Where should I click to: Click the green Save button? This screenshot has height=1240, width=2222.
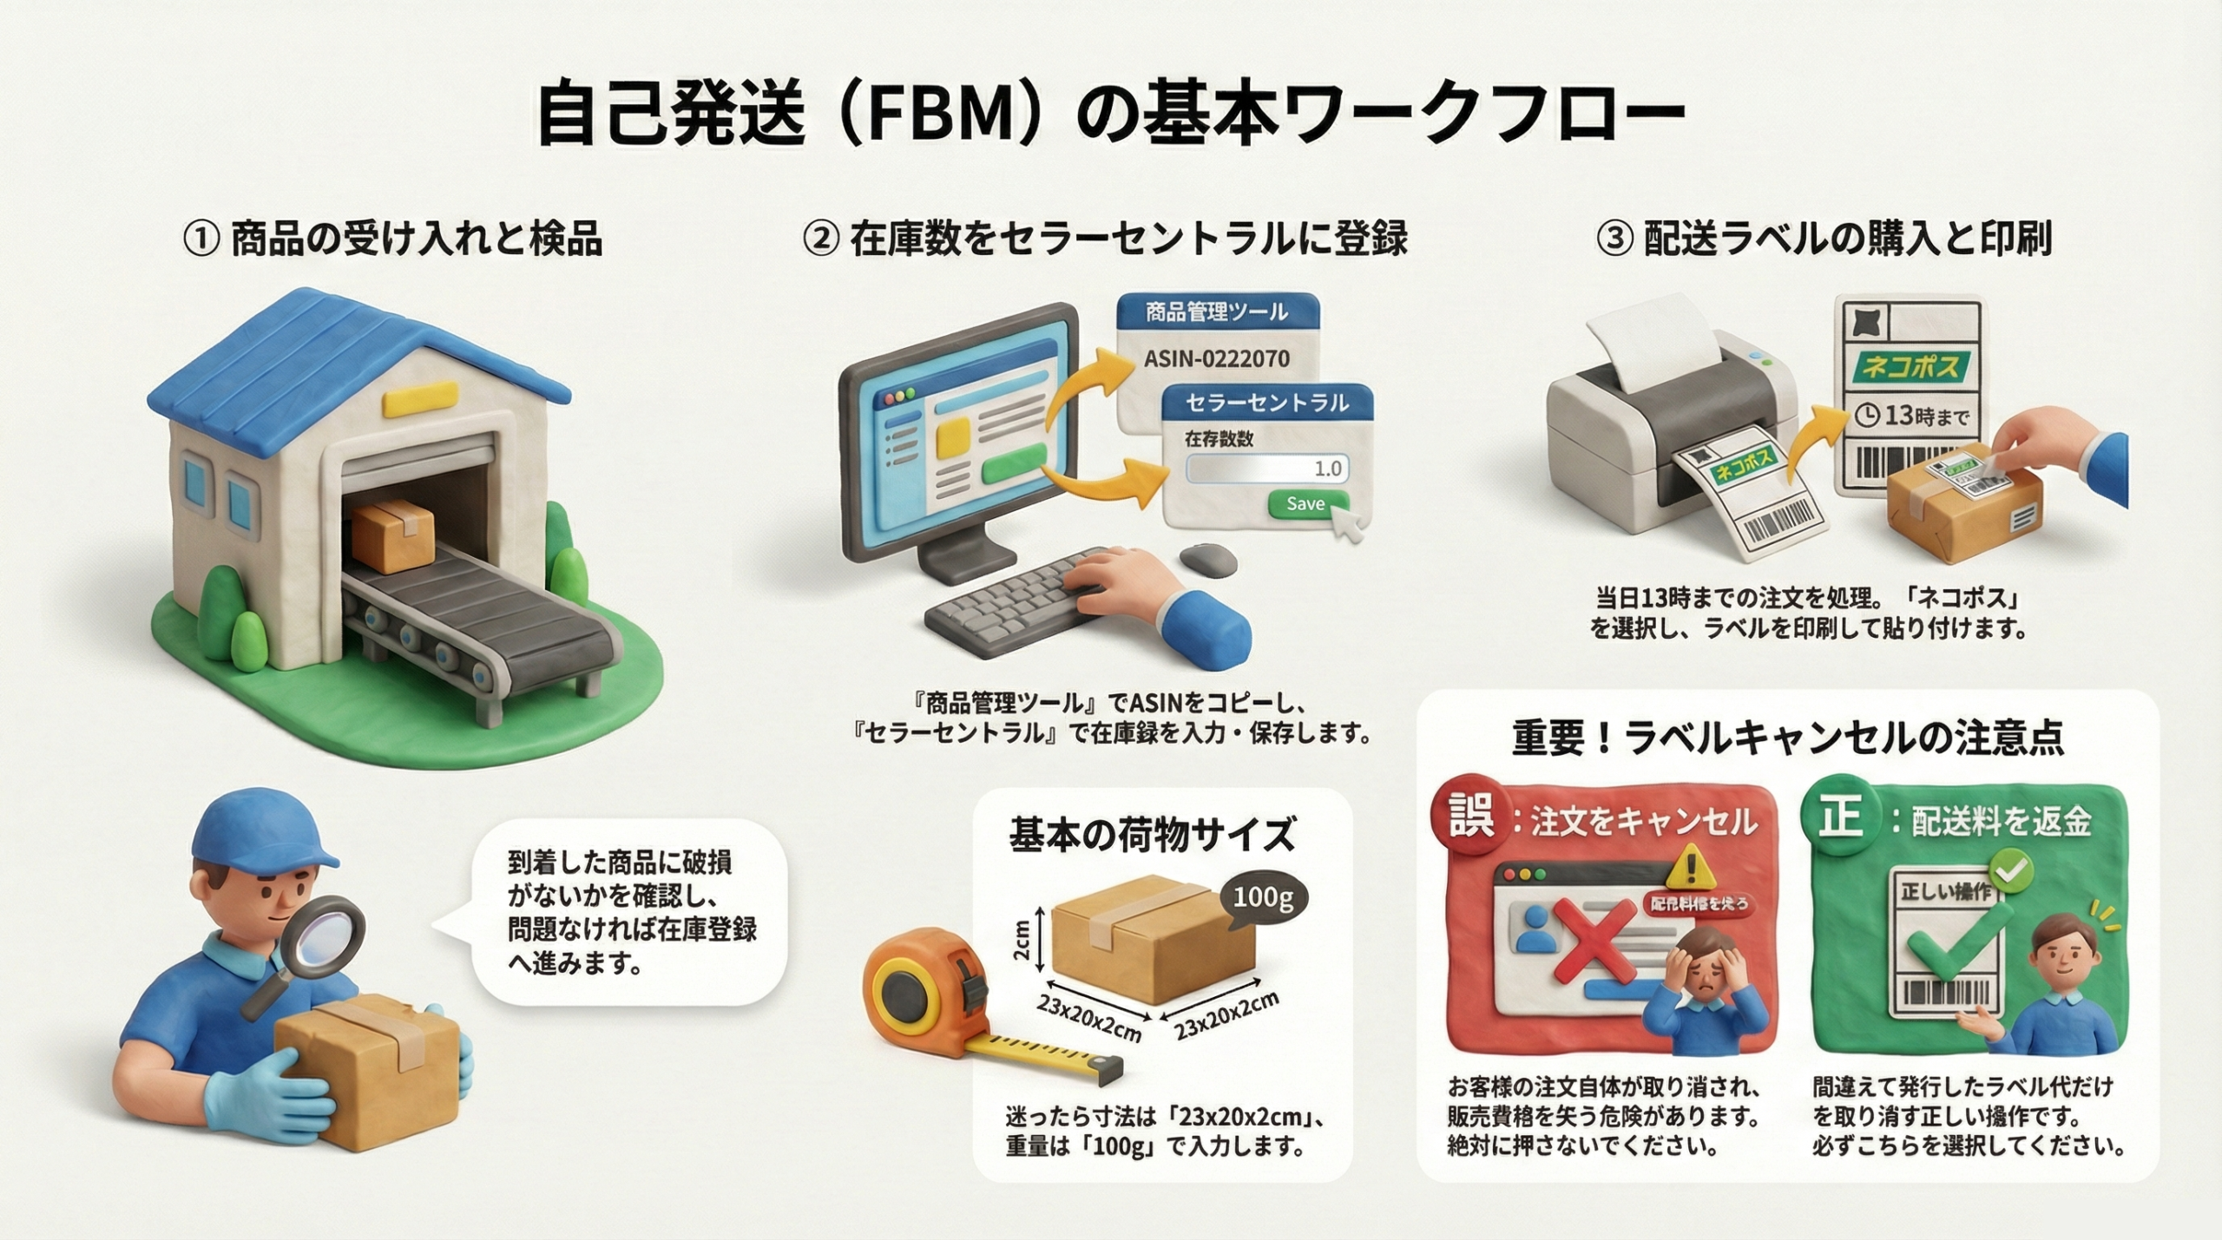pyautogui.click(x=1305, y=504)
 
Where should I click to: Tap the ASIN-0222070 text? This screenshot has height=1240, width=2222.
pyautogui.click(x=1216, y=358)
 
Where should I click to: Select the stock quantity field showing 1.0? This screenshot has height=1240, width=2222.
pyautogui.click(x=1267, y=469)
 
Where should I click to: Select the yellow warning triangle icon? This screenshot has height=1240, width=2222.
pyautogui.click(x=1689, y=868)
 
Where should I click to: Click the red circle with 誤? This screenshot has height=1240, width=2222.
pyautogui.click(x=1473, y=818)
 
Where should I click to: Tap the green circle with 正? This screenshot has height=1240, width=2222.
pyautogui.click(x=1841, y=818)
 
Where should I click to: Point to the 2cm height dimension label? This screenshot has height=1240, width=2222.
pyautogui.click(x=1021, y=941)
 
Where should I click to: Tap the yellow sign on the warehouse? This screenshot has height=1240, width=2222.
pyautogui.click(x=409, y=403)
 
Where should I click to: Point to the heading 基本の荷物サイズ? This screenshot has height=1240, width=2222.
pyautogui.click(x=1152, y=835)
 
